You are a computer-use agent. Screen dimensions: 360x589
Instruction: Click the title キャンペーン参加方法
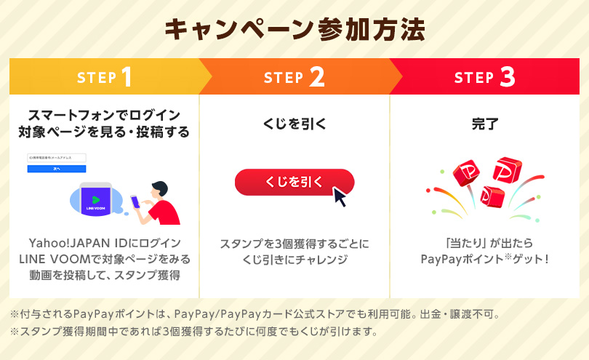[x=294, y=30]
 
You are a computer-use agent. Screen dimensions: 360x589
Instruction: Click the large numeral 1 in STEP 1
[x=127, y=77]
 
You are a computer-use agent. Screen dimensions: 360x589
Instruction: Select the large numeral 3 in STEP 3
[x=507, y=77]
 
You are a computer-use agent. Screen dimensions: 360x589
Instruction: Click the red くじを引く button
[x=294, y=183]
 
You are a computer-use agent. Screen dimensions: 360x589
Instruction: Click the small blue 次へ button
[x=56, y=168]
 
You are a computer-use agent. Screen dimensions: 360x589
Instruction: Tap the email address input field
[x=56, y=158]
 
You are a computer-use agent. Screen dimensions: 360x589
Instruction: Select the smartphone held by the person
[x=136, y=201]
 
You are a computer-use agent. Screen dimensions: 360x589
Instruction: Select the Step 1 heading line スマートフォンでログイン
[x=103, y=115]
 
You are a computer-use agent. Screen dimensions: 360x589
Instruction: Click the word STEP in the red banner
[x=473, y=77]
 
